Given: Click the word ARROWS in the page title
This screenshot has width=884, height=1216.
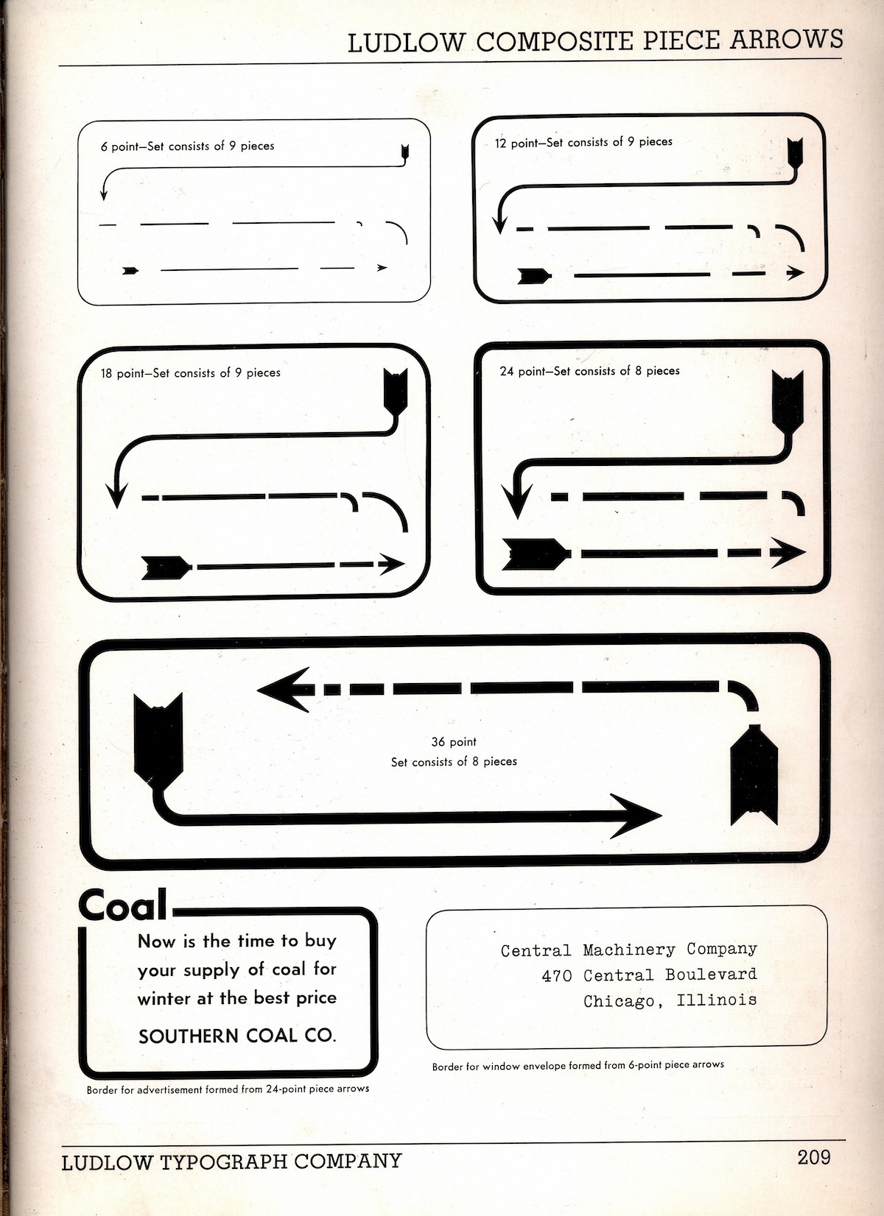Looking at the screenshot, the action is coord(786,39).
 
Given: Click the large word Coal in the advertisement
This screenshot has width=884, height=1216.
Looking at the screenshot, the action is coord(123,905).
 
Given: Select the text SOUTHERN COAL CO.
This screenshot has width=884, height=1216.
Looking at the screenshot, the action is coord(237,1036).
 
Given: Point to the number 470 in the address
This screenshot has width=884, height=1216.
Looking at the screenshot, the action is coord(557,975).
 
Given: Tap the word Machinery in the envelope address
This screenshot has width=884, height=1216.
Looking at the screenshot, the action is coord(629,950).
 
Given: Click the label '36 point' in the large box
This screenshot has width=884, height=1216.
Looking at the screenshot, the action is coord(454,741).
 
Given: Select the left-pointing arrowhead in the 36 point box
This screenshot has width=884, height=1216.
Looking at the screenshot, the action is coord(286,690).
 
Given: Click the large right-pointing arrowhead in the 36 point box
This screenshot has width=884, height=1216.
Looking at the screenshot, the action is coord(633,816).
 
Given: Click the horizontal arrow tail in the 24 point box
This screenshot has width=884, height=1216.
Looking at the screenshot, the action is coord(536,554).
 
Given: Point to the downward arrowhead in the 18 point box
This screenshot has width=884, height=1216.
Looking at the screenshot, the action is coord(117,493).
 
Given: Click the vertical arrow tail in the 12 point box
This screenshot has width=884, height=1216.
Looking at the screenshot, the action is coord(795,154).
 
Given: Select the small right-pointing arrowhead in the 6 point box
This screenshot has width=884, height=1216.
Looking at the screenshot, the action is coord(382,268).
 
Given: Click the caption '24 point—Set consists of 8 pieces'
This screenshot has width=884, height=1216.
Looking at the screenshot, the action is coord(589,371).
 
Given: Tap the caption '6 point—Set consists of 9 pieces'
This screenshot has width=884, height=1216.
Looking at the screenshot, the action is coord(187,146).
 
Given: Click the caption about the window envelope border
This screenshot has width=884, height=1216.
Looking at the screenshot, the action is coord(578,1065).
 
